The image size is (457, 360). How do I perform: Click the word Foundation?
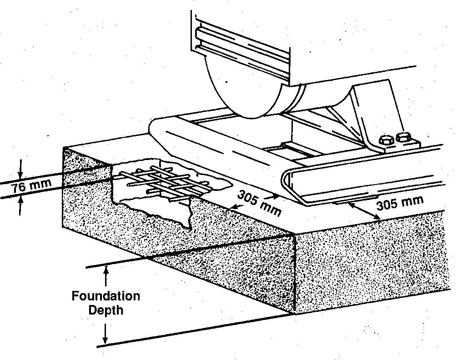pos(106,296)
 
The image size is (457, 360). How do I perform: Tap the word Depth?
pos(106,310)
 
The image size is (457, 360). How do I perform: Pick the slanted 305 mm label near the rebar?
pos(259,203)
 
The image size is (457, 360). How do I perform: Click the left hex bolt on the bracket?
pos(387,140)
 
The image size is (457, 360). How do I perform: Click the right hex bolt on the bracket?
pos(404,137)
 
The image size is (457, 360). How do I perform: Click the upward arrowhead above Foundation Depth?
pos(106,270)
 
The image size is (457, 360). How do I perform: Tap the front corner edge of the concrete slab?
pos(294,274)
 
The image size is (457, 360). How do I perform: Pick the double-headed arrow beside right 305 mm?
pos(364,211)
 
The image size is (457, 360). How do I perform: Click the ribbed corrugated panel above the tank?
pos(241,47)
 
